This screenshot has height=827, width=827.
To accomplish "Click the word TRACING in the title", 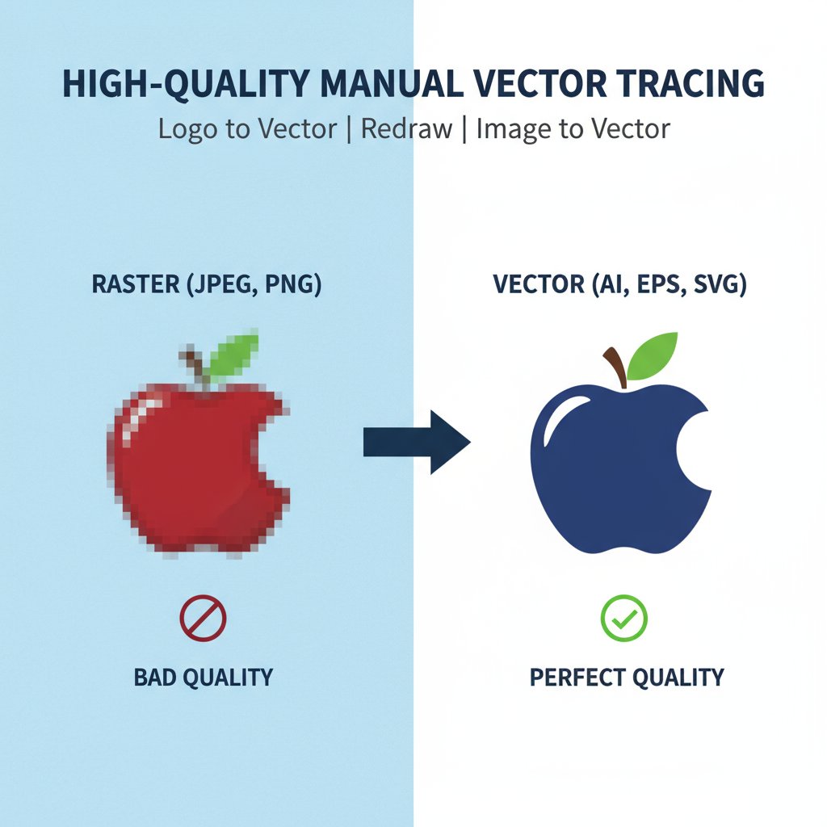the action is [691, 83].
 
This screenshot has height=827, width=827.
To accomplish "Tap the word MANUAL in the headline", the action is [390, 83].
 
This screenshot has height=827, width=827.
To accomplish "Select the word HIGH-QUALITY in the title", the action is [186, 84].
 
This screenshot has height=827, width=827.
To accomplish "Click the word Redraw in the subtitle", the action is [406, 128].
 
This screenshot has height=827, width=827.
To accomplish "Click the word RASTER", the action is [136, 283].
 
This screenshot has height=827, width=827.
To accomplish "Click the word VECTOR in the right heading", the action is [539, 283].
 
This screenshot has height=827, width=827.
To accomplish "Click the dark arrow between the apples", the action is [417, 442].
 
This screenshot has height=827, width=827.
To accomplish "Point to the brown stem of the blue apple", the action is [616, 367].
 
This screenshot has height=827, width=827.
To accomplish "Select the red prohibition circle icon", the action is [203, 618].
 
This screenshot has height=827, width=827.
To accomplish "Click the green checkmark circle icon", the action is [624, 618].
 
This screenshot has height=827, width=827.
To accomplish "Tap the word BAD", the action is [156, 678].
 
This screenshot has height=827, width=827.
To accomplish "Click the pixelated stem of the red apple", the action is [195, 367].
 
